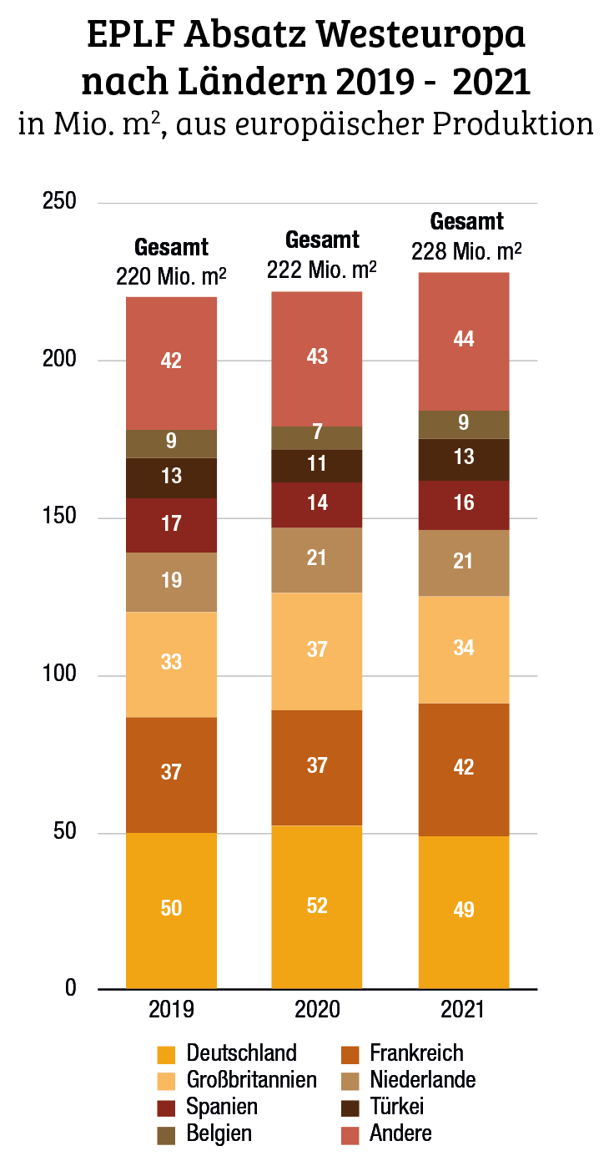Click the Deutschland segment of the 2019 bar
[171, 910]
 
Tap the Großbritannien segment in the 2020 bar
[317, 650]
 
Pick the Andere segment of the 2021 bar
[463, 341]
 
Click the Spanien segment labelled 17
[171, 525]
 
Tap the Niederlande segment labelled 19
[171, 581]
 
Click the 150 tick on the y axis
[59, 517]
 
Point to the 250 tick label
[59, 202]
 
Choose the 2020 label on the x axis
[317, 1010]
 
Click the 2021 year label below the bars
[463, 1010]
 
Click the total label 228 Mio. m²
[467, 251]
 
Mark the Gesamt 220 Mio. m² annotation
[171, 262]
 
